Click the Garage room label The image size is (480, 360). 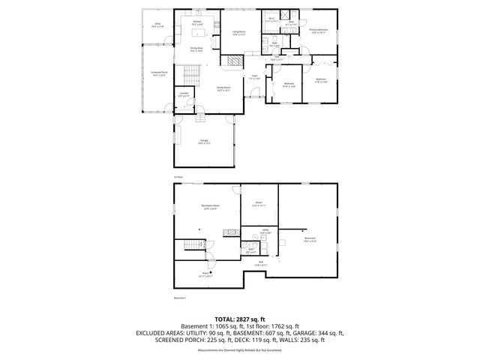click(204, 142)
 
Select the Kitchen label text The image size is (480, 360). click(197, 22)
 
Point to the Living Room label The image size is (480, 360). click(238, 33)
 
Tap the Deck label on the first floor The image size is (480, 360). click(158, 25)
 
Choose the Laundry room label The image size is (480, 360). click(184, 94)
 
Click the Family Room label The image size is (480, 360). click(224, 88)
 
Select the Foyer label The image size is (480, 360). click(255, 78)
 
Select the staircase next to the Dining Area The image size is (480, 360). click(190, 73)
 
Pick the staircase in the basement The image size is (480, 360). click(193, 247)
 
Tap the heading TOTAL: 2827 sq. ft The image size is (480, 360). click(239, 319)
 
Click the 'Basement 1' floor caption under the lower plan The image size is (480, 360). click(179, 298)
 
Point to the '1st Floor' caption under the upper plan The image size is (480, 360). click(178, 176)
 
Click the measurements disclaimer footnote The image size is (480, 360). click(239, 350)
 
